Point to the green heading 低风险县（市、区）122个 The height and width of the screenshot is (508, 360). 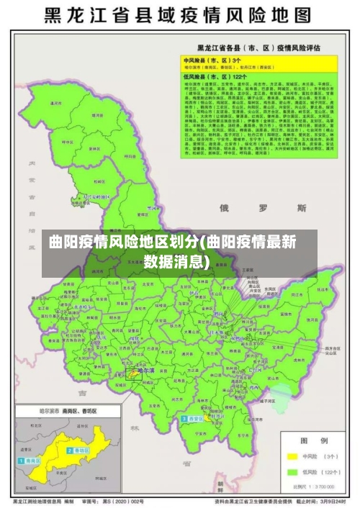[215, 76]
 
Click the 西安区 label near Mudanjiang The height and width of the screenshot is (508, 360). [197, 417]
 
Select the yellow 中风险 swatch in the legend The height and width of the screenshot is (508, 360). [292, 455]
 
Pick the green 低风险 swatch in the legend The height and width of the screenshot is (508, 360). [292, 472]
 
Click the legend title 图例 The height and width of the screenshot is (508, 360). [313, 439]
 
